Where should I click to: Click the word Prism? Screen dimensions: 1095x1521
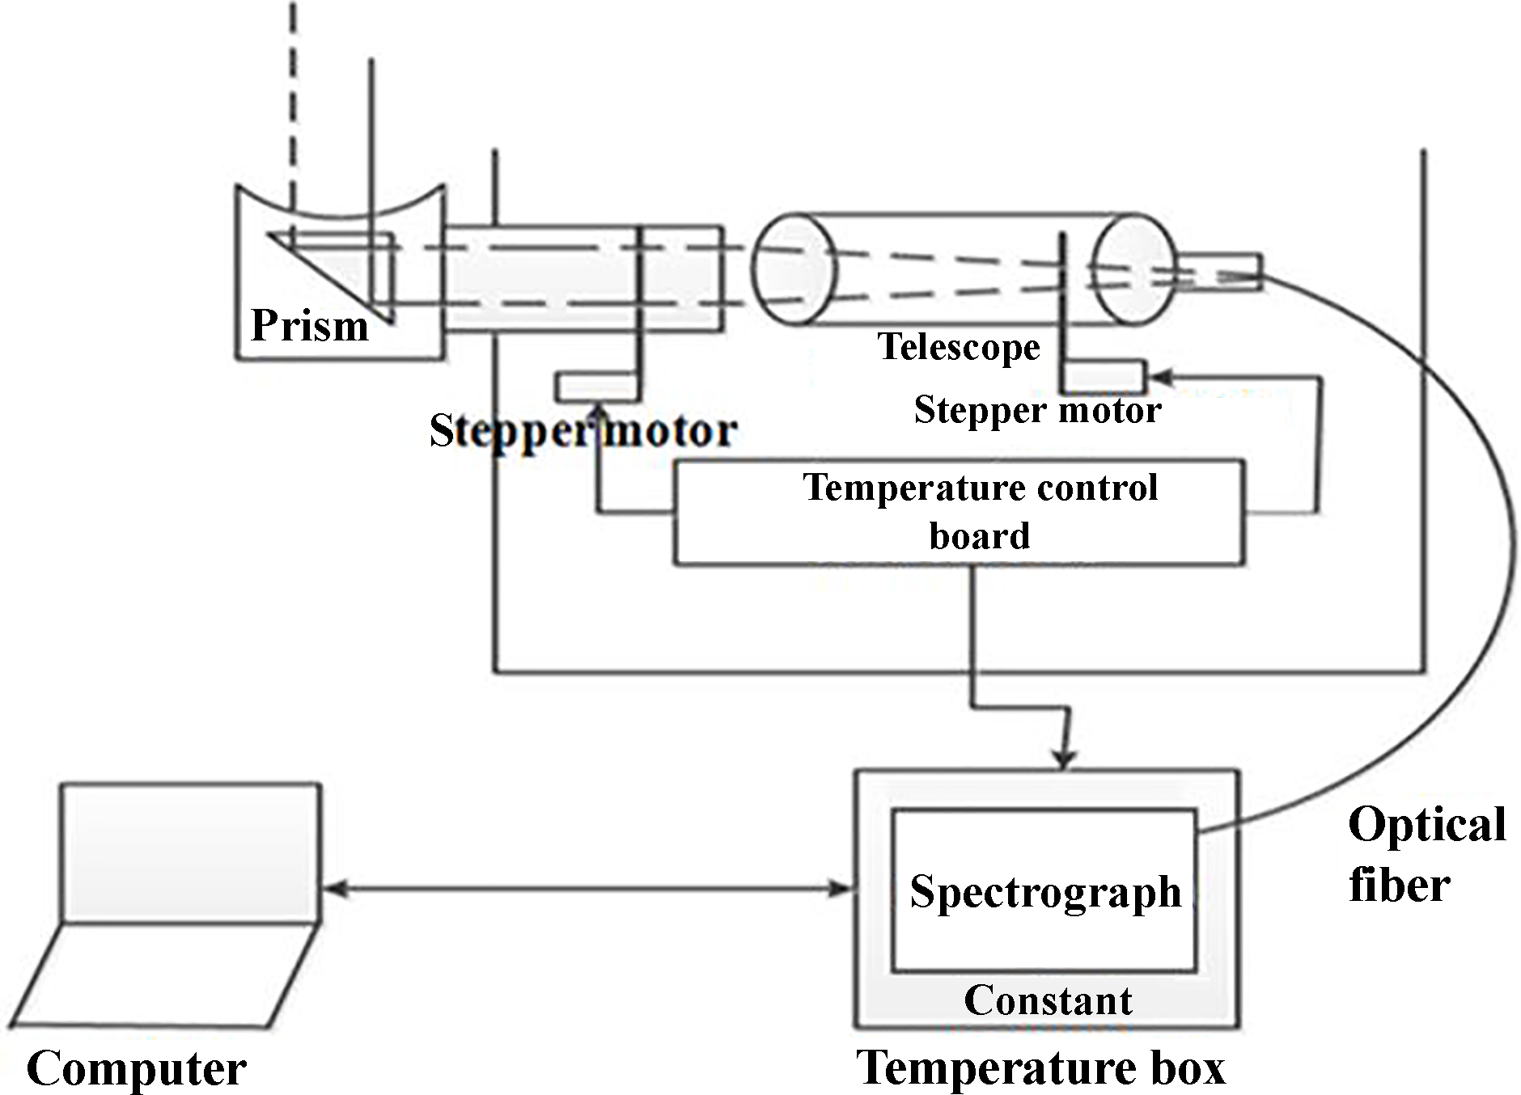[x=309, y=326]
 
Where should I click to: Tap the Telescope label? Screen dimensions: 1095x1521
[x=959, y=347]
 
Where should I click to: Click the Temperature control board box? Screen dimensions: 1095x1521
[x=959, y=512]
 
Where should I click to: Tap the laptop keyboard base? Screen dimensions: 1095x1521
[x=162, y=975]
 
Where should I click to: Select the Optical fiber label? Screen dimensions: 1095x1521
[x=1426, y=854]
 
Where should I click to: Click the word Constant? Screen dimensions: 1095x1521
[x=1048, y=1000]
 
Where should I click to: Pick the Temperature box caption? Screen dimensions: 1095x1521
[x=1040, y=1068]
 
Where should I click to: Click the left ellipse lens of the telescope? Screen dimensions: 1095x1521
[x=793, y=269]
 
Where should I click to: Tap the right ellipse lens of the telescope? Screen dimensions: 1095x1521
[x=1133, y=269]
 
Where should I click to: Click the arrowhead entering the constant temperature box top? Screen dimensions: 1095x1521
[x=1066, y=760]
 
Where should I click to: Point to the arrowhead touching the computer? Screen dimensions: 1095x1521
[x=332, y=889]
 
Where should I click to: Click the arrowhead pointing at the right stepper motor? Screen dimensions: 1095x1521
[x=1159, y=377]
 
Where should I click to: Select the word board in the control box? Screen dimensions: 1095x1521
[x=979, y=536]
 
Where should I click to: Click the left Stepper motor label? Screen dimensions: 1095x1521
[x=583, y=430]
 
